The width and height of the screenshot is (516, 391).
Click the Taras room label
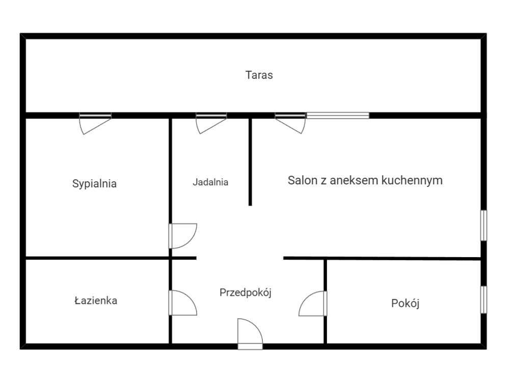(259, 75)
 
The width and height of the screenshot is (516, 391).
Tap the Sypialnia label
(94, 184)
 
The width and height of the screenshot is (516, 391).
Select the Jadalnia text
(210, 182)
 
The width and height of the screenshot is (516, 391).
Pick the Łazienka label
(95, 300)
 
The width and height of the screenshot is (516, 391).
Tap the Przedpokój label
(246, 293)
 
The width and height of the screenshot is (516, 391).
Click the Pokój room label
(405, 303)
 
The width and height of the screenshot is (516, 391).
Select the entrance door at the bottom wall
(250, 334)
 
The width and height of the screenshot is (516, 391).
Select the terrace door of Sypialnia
(95, 123)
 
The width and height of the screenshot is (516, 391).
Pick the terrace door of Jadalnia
(210, 123)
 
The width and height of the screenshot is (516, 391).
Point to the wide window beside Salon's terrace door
(337, 116)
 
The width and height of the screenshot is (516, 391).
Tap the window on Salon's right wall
(483, 225)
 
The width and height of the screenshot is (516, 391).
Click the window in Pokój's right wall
(483, 299)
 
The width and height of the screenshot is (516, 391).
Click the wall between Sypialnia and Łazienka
(97, 258)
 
